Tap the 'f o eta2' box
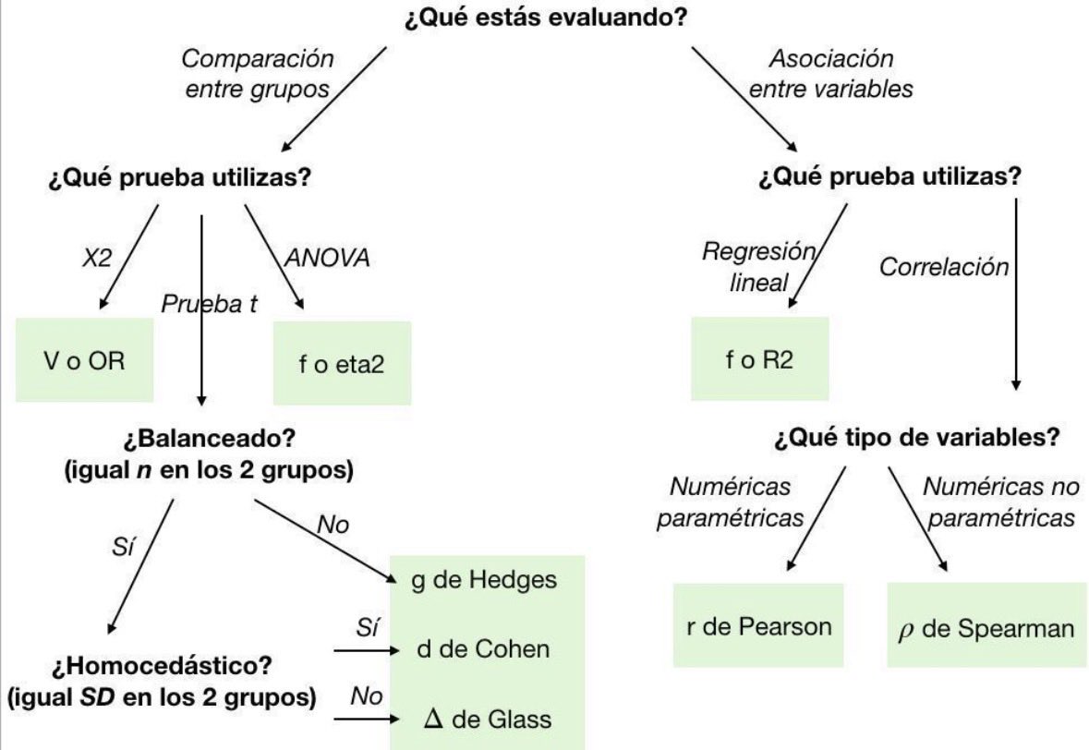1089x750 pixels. click(342, 363)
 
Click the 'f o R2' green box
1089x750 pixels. click(759, 358)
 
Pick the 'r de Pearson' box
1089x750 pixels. click(758, 625)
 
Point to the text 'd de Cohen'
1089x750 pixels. click(484, 648)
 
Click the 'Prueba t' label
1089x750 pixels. click(210, 304)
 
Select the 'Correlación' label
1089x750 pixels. click(943, 267)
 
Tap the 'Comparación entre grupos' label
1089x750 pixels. click(257, 74)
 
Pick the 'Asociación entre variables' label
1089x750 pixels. click(830, 74)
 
